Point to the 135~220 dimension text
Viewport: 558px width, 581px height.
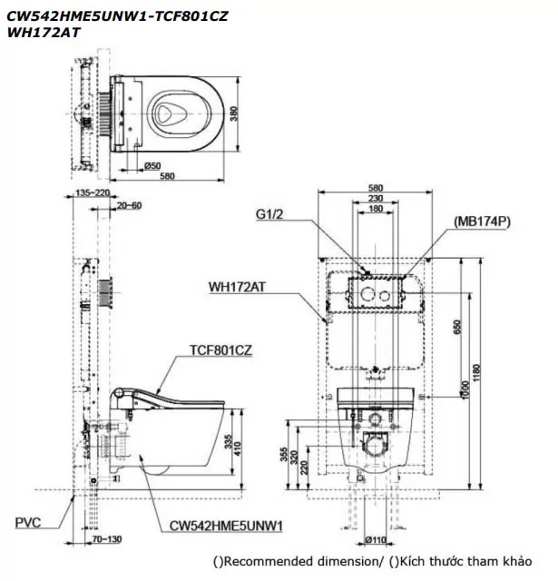[90, 192]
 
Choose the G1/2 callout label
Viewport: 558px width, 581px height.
[271, 216]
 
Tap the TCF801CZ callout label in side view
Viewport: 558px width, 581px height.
[221, 348]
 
